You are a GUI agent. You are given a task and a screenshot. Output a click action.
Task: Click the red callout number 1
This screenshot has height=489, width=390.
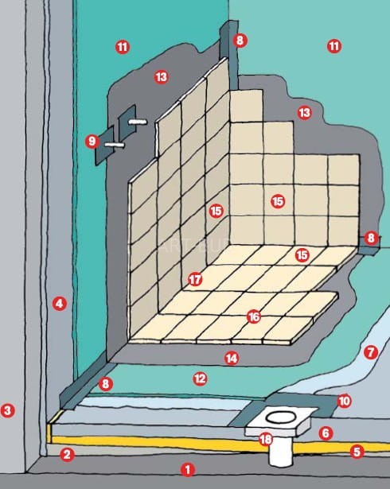188,469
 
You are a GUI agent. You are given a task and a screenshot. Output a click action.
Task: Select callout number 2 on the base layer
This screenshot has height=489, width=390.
67,455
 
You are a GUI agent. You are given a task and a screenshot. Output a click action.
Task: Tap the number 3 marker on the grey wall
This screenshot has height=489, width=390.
7,410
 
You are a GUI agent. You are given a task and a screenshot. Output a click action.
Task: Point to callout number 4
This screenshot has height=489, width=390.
60,304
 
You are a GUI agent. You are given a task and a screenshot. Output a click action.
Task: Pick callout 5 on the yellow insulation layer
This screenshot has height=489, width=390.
357,452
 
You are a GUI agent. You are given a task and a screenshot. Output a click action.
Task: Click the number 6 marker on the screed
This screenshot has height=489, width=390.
326,433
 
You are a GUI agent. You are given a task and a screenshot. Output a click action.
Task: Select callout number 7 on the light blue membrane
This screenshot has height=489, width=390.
371,352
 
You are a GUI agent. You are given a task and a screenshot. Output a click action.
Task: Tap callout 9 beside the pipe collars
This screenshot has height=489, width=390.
92,142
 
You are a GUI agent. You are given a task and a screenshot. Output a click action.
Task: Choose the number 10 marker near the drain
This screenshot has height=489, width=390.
345,401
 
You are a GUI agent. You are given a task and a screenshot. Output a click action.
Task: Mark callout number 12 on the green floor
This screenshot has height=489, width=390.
200,379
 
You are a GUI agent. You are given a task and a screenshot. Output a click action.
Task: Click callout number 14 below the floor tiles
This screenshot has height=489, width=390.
232,359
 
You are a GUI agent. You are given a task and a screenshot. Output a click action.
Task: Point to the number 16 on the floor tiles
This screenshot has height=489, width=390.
254,317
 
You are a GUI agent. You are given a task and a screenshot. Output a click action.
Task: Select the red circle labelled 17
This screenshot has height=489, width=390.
195,279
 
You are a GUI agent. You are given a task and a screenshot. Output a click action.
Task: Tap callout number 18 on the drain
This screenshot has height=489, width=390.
266,440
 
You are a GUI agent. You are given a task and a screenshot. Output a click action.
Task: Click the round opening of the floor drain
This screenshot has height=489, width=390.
281,417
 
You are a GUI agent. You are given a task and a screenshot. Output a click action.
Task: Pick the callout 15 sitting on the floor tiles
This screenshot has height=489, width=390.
302,255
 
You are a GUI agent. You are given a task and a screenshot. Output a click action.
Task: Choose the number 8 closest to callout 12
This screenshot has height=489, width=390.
106,384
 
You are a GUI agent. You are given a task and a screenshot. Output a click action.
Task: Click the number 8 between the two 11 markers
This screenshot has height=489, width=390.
240,41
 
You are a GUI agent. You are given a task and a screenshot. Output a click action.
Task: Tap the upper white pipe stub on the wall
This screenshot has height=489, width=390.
138,122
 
